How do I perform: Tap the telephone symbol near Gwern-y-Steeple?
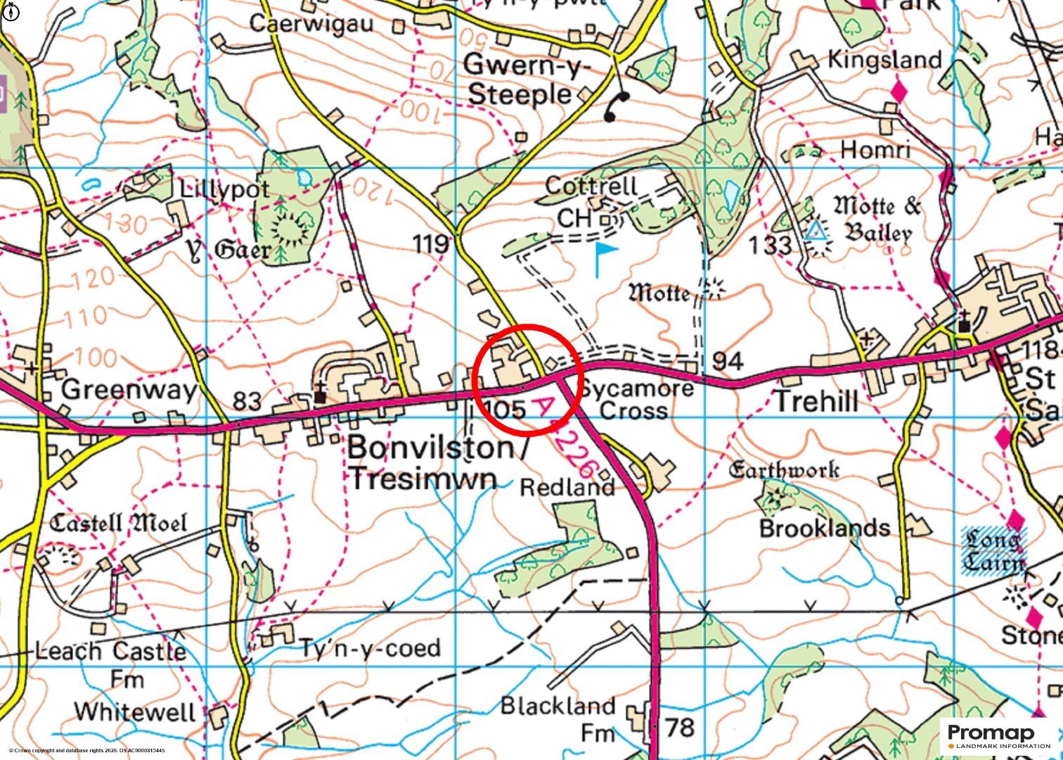coord(617,106)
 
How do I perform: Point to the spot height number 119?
coord(431,244)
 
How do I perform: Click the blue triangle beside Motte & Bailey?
coord(816,231)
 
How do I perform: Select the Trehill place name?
coord(816,402)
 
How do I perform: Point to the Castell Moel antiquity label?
coord(119,523)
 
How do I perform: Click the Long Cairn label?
coord(993,551)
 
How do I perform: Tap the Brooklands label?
coord(824,528)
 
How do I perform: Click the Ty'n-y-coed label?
coord(371,647)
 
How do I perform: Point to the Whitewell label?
coord(135,711)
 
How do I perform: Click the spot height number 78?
coord(679,727)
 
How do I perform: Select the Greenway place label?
coord(130,389)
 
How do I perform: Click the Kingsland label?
coord(884,59)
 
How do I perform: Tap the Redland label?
coord(567,487)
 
